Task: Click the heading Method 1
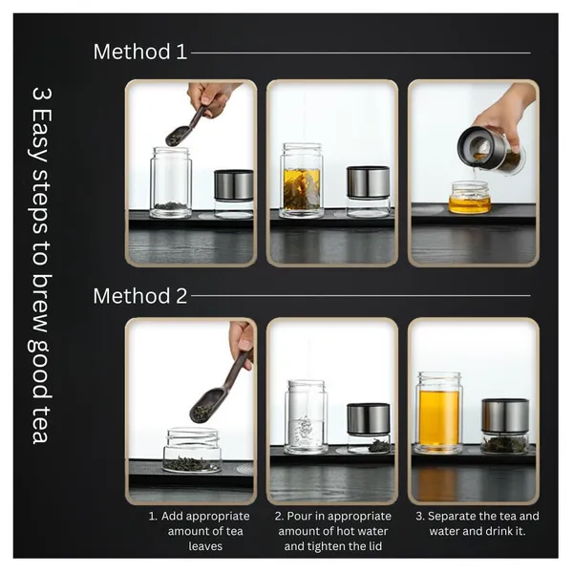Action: pos(140,52)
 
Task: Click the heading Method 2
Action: pos(140,296)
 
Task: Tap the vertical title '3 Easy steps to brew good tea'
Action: pos(40,265)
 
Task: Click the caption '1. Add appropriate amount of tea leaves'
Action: pos(200,531)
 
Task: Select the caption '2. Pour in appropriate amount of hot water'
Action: pos(333,531)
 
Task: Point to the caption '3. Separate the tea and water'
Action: pos(477,523)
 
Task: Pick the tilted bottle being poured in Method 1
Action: pos(491,150)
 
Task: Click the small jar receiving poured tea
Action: pos(470,198)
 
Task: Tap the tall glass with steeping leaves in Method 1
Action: pos(302,180)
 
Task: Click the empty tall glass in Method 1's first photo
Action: pos(171,182)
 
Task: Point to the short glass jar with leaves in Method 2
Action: pos(192,450)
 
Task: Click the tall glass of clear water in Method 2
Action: pos(307,417)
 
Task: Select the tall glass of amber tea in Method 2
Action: pos(438,413)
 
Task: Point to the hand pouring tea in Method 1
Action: pos(508,117)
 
